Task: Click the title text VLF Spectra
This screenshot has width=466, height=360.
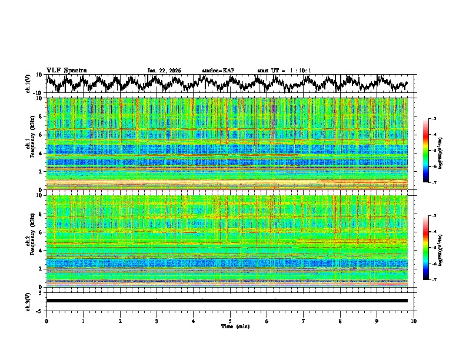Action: pyautogui.click(x=66, y=70)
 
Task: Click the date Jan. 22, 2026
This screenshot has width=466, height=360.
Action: pyautogui.click(x=164, y=71)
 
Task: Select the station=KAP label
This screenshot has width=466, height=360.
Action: pyautogui.click(x=218, y=71)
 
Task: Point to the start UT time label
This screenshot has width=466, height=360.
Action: pyautogui.click(x=284, y=71)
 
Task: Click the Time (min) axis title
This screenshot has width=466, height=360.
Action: pyautogui.click(x=230, y=326)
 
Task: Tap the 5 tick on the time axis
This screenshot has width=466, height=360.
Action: pyautogui.click(x=230, y=321)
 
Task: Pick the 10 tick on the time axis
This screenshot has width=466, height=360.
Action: pyautogui.click(x=414, y=321)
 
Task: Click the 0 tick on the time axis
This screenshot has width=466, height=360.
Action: pyautogui.click(x=46, y=321)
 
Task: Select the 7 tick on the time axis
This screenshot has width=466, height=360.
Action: pyautogui.click(x=304, y=321)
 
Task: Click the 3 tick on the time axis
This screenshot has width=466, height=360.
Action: pyautogui.click(x=157, y=321)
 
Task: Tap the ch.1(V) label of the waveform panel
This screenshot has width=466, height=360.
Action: pyautogui.click(x=28, y=84)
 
